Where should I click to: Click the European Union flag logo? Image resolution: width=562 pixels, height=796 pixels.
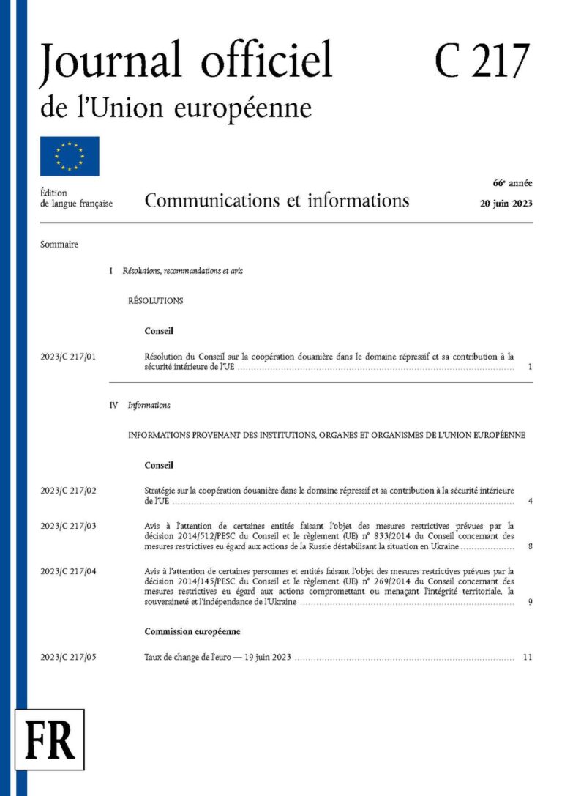70,156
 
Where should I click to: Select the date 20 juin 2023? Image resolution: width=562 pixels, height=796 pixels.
501,204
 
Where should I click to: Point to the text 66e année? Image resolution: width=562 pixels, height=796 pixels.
512,183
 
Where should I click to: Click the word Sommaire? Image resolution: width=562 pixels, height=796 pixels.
59,245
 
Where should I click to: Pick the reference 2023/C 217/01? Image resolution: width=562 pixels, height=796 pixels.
68,357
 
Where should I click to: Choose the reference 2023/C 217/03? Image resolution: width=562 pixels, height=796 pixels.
68,525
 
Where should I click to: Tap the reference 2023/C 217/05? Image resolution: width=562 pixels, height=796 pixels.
68,657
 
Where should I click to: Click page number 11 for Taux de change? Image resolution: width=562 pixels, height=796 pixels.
528,657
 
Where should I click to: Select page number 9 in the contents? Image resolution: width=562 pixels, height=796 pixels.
529,603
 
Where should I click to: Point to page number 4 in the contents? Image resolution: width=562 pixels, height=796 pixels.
529,502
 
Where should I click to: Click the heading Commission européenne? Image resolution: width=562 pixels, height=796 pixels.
192,631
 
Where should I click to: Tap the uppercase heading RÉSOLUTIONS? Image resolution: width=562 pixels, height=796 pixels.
155,300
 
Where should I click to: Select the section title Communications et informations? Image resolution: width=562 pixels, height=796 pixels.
277,200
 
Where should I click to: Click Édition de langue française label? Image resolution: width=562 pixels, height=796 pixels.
76,198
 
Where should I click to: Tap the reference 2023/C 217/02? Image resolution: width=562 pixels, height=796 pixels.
68,490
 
